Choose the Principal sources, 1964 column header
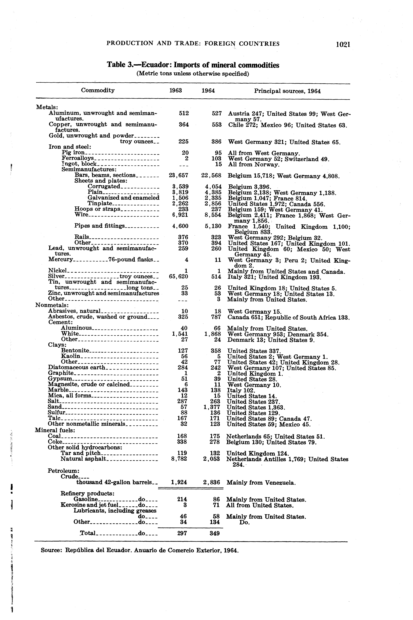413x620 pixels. click(287, 91)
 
